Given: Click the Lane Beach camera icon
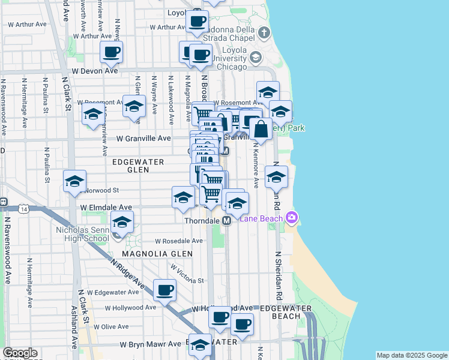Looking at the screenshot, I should tap(292, 217).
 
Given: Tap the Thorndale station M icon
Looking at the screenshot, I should tap(227, 221).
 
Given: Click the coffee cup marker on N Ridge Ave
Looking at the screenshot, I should tap(164, 290).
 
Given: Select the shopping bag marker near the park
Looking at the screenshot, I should tap(261, 128).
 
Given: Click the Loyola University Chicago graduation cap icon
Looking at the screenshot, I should tap(255, 58).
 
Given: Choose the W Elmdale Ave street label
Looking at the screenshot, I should tap(106, 207).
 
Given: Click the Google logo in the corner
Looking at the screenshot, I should tap(19, 353).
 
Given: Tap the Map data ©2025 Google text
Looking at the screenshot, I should tap(412, 355).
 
